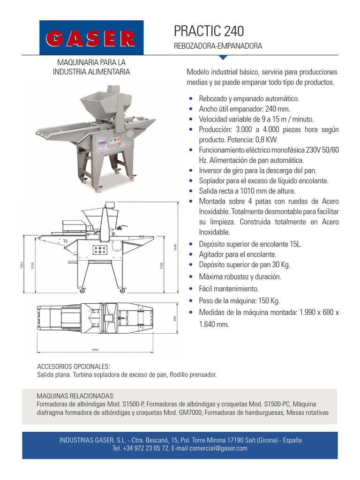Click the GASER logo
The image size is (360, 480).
(91, 38)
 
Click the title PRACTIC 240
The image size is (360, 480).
(209, 31)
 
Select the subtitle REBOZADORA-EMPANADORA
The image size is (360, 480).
(217, 46)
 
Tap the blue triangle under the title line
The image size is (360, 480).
(223, 58)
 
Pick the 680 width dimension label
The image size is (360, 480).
(174, 318)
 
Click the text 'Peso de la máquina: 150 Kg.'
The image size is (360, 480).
(239, 301)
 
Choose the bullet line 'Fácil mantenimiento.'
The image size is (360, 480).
(229, 289)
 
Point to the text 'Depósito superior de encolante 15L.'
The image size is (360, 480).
(250, 244)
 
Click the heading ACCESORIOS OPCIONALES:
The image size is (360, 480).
(73, 366)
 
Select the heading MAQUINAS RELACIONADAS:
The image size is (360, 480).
(75, 396)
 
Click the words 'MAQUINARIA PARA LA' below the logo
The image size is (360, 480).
(91, 62)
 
